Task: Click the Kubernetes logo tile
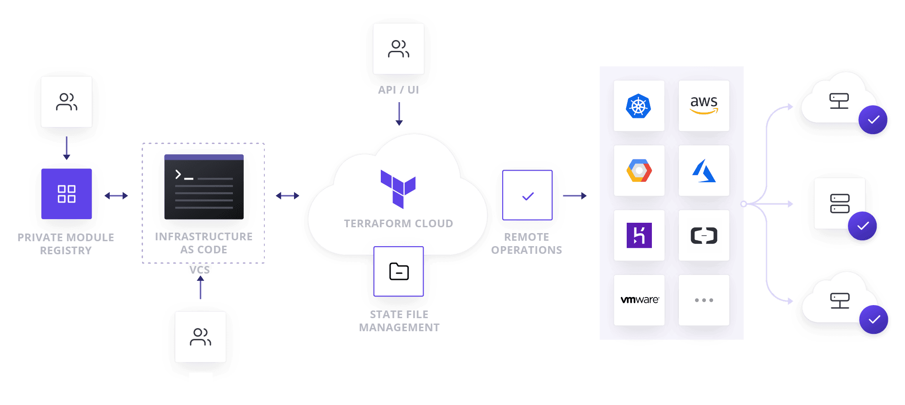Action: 639,106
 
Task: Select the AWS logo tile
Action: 704,106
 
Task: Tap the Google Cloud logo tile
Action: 639,171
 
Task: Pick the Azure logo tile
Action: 704,171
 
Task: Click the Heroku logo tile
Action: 639,235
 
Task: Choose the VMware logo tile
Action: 639,300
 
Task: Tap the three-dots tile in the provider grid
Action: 704,300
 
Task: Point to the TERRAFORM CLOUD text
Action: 398,224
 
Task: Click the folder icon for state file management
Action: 399,271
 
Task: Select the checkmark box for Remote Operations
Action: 527,195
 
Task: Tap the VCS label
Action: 200,270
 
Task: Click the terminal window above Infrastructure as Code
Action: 204,187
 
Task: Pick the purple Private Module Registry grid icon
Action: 67,194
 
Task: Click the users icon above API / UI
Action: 398,49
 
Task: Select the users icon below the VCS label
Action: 200,337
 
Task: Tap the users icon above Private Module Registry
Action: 67,102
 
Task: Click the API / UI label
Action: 398,90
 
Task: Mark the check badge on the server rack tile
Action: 862,226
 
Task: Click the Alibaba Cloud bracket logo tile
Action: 704,235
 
